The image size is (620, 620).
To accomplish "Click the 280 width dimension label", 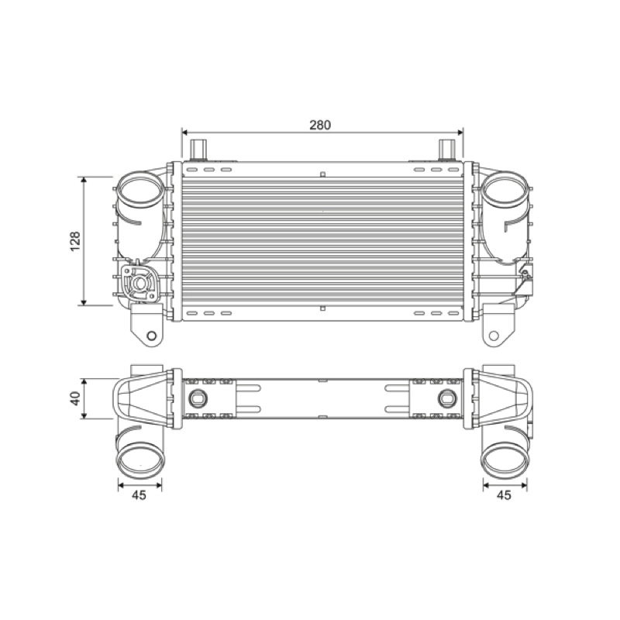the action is point(320,125).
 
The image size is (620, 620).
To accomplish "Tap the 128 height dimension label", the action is point(74,241).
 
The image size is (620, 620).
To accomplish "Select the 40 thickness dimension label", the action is point(74,398).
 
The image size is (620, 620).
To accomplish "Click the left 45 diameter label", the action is point(139,494).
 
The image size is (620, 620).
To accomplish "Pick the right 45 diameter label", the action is point(504,494).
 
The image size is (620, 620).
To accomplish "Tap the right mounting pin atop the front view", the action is point(447,150).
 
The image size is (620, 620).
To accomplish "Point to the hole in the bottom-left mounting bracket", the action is point(151,336).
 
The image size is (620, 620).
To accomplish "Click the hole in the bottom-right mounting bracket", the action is point(494,336).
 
